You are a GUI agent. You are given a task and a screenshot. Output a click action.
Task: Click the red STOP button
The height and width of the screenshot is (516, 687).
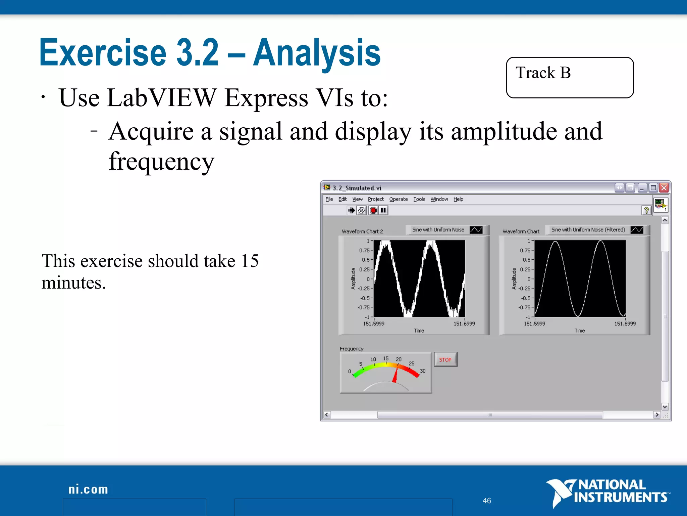click(445, 359)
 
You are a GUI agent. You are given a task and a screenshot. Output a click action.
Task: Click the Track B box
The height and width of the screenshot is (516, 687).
click(570, 78)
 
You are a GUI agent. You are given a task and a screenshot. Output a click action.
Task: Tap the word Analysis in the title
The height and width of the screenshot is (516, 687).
click(317, 53)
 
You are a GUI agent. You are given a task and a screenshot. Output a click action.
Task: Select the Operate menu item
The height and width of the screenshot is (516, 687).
click(398, 199)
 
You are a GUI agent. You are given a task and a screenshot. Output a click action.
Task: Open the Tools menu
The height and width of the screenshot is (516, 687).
click(419, 199)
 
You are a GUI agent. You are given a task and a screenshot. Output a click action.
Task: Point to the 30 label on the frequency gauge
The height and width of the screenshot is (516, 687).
click(422, 371)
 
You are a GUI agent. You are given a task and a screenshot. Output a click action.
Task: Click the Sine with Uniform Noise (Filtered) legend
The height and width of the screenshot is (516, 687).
click(588, 230)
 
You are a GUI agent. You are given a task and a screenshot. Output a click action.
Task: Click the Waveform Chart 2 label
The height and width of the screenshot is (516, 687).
click(362, 231)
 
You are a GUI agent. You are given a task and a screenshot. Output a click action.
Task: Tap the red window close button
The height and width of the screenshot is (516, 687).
click(664, 188)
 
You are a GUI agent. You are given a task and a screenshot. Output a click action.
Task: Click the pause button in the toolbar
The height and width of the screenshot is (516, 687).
click(383, 210)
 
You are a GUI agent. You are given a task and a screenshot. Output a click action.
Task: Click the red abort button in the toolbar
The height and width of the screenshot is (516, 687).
click(373, 210)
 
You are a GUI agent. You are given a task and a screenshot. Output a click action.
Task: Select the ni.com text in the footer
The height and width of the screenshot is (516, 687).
click(88, 489)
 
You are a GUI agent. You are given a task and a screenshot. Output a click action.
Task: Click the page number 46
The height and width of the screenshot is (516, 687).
click(487, 501)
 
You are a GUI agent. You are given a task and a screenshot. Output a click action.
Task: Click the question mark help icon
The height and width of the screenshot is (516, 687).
click(646, 210)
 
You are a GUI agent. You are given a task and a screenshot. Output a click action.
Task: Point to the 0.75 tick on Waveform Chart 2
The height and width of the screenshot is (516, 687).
click(364, 250)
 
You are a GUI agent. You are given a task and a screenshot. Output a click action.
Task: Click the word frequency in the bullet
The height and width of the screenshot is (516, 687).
click(161, 162)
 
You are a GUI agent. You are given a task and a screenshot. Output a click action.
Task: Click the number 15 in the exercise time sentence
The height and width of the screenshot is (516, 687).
click(250, 261)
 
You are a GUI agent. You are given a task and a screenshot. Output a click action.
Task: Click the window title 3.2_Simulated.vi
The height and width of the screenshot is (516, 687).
click(357, 188)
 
